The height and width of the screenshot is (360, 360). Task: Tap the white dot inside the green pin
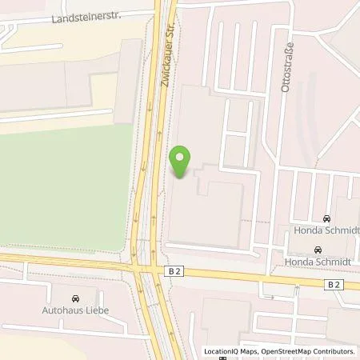click(x=181, y=157)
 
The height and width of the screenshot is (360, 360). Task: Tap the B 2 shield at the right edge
click(x=334, y=284)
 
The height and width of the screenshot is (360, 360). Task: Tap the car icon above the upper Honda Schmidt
click(x=326, y=218)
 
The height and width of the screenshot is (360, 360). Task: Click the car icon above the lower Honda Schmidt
click(x=318, y=250)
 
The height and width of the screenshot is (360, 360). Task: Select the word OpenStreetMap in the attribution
click(x=291, y=351)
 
